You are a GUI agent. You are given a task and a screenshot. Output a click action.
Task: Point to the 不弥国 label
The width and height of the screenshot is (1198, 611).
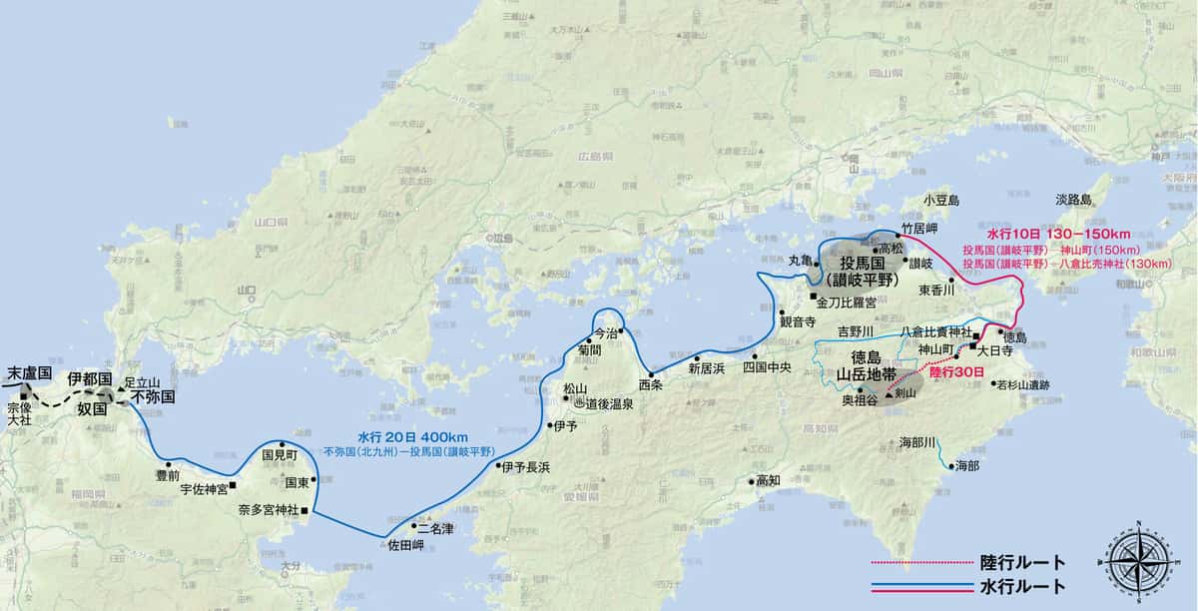152,396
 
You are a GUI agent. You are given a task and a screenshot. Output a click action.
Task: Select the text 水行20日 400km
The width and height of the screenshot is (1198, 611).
412,437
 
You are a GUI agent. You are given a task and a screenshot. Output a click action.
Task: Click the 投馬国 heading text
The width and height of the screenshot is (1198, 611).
865,264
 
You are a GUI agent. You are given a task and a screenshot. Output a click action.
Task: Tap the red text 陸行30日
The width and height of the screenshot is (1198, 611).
948,372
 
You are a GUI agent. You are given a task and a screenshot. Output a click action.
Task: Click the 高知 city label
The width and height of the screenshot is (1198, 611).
768,480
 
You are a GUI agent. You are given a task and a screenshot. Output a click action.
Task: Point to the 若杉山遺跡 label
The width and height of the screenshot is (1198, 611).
1021,383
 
